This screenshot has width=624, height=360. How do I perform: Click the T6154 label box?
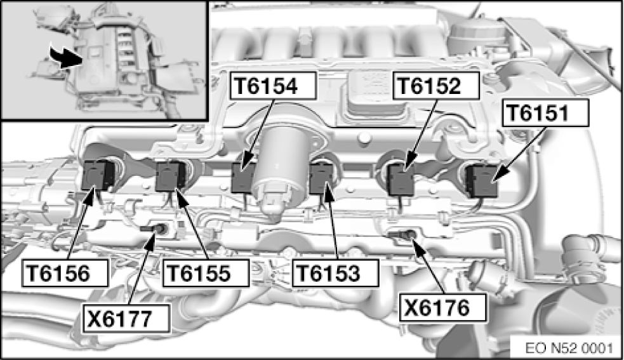[273, 86]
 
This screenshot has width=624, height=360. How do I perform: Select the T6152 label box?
[435, 86]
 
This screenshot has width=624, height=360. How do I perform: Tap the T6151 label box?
[545, 113]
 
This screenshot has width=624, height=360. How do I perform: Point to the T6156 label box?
[65, 273]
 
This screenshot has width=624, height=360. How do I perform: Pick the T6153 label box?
[335, 273]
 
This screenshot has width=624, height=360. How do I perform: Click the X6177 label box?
[126, 318]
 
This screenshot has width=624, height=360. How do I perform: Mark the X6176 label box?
[443, 307]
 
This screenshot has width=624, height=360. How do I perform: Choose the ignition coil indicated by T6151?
[482, 182]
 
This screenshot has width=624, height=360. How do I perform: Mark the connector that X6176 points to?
[402, 234]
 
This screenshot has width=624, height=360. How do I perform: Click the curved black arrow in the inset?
[65, 58]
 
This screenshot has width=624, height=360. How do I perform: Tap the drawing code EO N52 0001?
[569, 348]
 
